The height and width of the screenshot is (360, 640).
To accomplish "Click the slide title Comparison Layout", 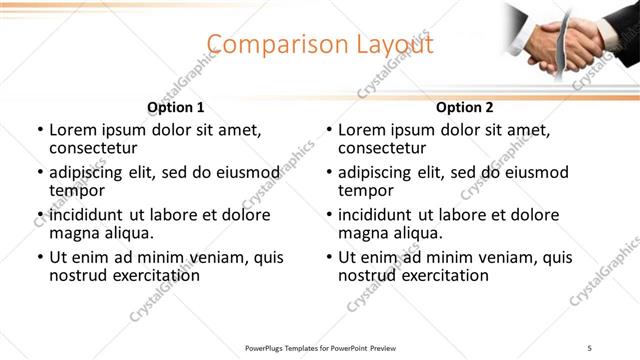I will click(321, 45).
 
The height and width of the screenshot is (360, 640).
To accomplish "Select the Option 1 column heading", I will click(175, 107).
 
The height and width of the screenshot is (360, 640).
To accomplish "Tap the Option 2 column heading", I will click(464, 107).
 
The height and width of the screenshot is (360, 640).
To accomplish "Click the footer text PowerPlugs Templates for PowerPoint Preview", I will click(321, 347).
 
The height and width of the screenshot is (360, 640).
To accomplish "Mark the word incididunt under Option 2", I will click(374, 215).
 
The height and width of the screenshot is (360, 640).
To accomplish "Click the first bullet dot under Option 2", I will click(329, 131).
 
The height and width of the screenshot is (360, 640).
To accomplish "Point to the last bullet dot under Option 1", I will click(40, 257).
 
